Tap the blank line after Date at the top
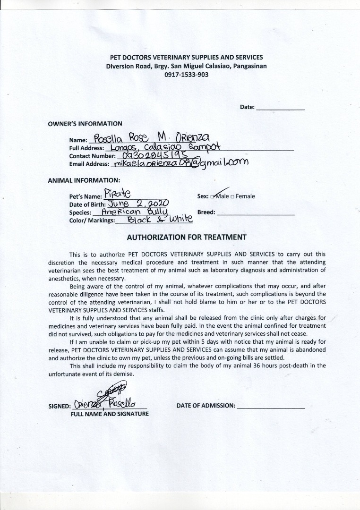click(280, 108)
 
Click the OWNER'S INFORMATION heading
click(85, 124)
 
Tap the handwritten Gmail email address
click(180, 163)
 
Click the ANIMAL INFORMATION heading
click(84, 180)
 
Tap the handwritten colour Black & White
click(154, 220)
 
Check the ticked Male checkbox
click(213, 196)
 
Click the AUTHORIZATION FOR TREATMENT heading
click(187, 237)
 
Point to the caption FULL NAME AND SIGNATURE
click(110, 414)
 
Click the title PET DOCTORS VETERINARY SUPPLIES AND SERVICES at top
click(186, 58)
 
